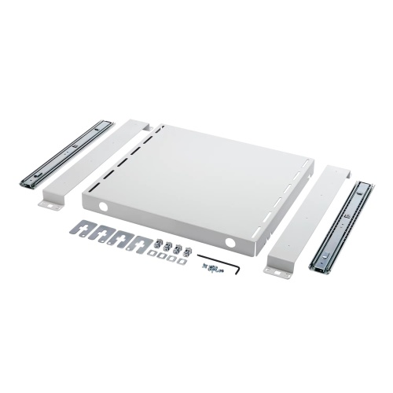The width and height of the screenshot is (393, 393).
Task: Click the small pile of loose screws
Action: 209,269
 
